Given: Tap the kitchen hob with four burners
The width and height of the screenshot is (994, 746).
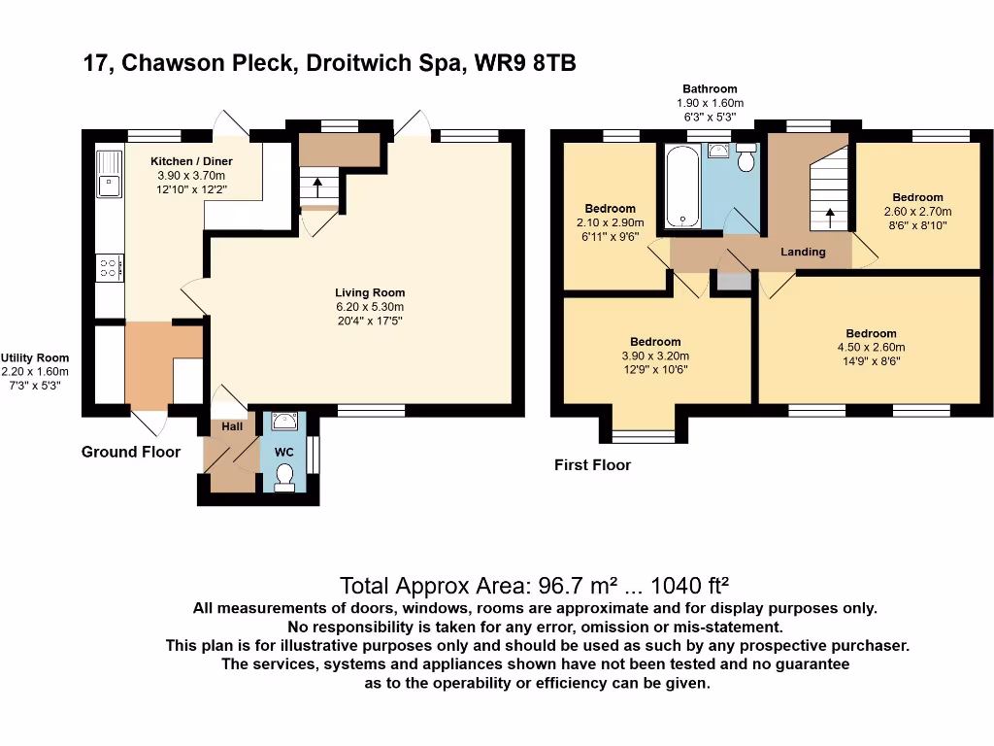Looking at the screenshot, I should pos(108,266).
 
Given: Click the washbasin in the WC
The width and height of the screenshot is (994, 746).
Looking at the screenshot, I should pos(284,422).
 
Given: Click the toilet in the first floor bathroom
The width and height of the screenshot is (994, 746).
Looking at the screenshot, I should pos(745,157).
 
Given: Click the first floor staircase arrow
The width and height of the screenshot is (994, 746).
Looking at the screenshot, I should pos(829,217).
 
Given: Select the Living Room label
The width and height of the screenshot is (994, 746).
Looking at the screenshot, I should pos(370,292).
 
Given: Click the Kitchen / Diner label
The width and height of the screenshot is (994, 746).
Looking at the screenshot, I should pos(191,161).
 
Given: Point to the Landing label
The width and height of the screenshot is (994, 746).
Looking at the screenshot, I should pos(803,252).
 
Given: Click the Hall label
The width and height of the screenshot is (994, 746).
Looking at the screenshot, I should pos(231,426).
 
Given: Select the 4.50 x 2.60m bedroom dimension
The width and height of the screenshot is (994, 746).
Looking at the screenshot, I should pos(871,347).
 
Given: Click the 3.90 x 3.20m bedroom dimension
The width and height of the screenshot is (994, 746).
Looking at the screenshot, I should pos(655,356).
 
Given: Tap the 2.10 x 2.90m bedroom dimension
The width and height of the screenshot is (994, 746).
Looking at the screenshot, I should pos(610,222).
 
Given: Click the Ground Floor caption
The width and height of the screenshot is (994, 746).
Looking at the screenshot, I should pos(131,452).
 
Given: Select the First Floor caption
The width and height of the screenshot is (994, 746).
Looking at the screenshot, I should pos(592,465).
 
